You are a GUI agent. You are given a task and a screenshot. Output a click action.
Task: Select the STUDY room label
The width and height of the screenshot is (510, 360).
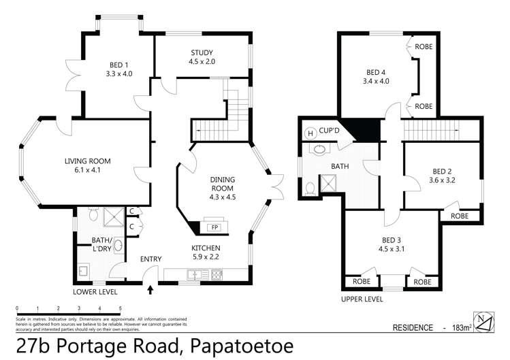click(202, 52)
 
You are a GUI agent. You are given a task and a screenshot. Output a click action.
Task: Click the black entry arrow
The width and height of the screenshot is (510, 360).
click(150, 291)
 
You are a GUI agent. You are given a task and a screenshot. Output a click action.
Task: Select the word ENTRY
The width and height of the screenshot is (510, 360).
click(150, 259)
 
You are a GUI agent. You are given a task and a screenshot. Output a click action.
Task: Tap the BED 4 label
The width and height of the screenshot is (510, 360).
click(376, 73)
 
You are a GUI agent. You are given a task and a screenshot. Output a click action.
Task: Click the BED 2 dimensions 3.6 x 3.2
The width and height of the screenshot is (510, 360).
click(442, 180)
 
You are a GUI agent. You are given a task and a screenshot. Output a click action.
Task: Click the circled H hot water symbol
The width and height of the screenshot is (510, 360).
click(310, 132)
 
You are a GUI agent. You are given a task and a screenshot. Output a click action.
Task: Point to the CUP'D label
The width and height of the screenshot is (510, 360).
click(330, 132)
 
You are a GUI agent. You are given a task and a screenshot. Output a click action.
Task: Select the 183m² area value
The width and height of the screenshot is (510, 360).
click(462, 328)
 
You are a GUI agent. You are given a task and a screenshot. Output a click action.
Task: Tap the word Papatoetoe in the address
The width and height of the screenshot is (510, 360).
click(243, 346)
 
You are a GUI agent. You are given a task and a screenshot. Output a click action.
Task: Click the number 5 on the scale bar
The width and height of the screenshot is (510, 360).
click(120, 308)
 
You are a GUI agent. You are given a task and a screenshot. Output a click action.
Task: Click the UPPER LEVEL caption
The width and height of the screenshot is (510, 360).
click(362, 298)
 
